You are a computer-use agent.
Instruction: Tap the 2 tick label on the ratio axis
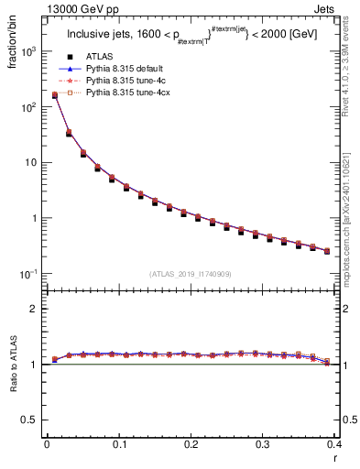34,310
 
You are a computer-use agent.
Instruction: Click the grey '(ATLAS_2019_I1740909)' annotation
191,273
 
